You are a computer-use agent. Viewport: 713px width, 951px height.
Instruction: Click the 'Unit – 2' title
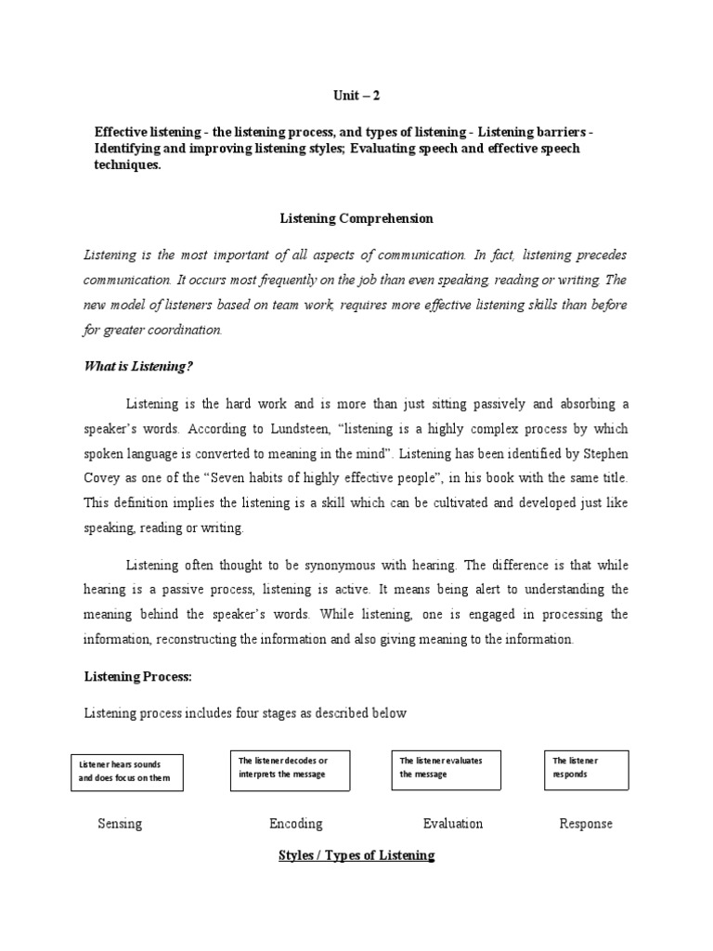(x=357, y=95)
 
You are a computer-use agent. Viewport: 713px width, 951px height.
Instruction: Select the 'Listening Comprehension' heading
(x=356, y=219)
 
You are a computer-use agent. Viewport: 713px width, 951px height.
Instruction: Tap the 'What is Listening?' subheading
(x=138, y=366)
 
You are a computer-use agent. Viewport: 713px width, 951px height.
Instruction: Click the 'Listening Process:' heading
(x=137, y=677)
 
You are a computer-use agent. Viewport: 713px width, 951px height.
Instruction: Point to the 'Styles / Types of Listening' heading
(x=356, y=854)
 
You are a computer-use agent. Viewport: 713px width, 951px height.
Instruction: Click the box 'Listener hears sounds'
(x=127, y=771)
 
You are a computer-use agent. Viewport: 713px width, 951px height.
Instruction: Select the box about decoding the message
(x=289, y=770)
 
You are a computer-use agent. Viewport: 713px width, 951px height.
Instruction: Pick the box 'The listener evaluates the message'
(x=447, y=770)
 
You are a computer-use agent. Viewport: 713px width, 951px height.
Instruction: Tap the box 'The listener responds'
(x=586, y=770)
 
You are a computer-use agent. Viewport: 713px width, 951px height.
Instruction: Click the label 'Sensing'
(x=120, y=823)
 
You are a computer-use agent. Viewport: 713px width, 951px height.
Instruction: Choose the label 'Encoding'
(x=295, y=823)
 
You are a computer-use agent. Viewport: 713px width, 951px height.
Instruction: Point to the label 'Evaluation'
(x=452, y=823)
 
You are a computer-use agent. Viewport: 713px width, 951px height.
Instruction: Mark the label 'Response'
(x=586, y=823)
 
